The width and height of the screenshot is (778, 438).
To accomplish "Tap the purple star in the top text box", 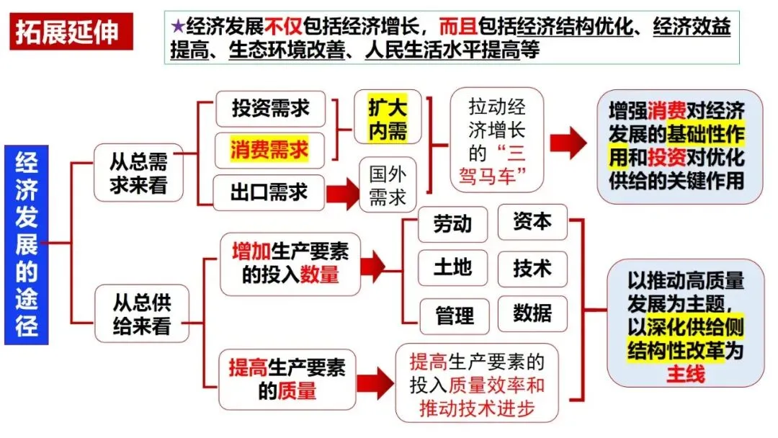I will pyautogui.click(x=177, y=27).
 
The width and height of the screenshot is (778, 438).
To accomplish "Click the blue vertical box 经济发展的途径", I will pyautogui.click(x=26, y=244).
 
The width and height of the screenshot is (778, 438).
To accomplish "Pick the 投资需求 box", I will pyautogui.click(x=270, y=109).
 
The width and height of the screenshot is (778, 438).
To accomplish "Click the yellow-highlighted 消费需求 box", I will pyautogui.click(x=269, y=150).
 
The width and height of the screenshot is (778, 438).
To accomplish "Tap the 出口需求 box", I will pyautogui.click(x=269, y=192).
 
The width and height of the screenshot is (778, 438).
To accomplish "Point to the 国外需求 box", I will pyautogui.click(x=388, y=186).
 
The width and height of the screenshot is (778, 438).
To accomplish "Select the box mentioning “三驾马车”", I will pyautogui.click(x=496, y=140).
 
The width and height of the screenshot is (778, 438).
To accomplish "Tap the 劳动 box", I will pyautogui.click(x=452, y=224).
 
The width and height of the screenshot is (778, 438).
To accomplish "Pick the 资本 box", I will pyautogui.click(x=532, y=222).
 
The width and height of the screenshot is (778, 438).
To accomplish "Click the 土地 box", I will pyautogui.click(x=452, y=268).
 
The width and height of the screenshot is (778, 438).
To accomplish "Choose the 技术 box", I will pyautogui.click(x=532, y=269).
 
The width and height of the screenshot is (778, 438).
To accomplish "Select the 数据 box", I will pyautogui.click(x=532, y=313).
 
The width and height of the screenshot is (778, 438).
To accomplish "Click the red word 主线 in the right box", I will pyautogui.click(x=685, y=374).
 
